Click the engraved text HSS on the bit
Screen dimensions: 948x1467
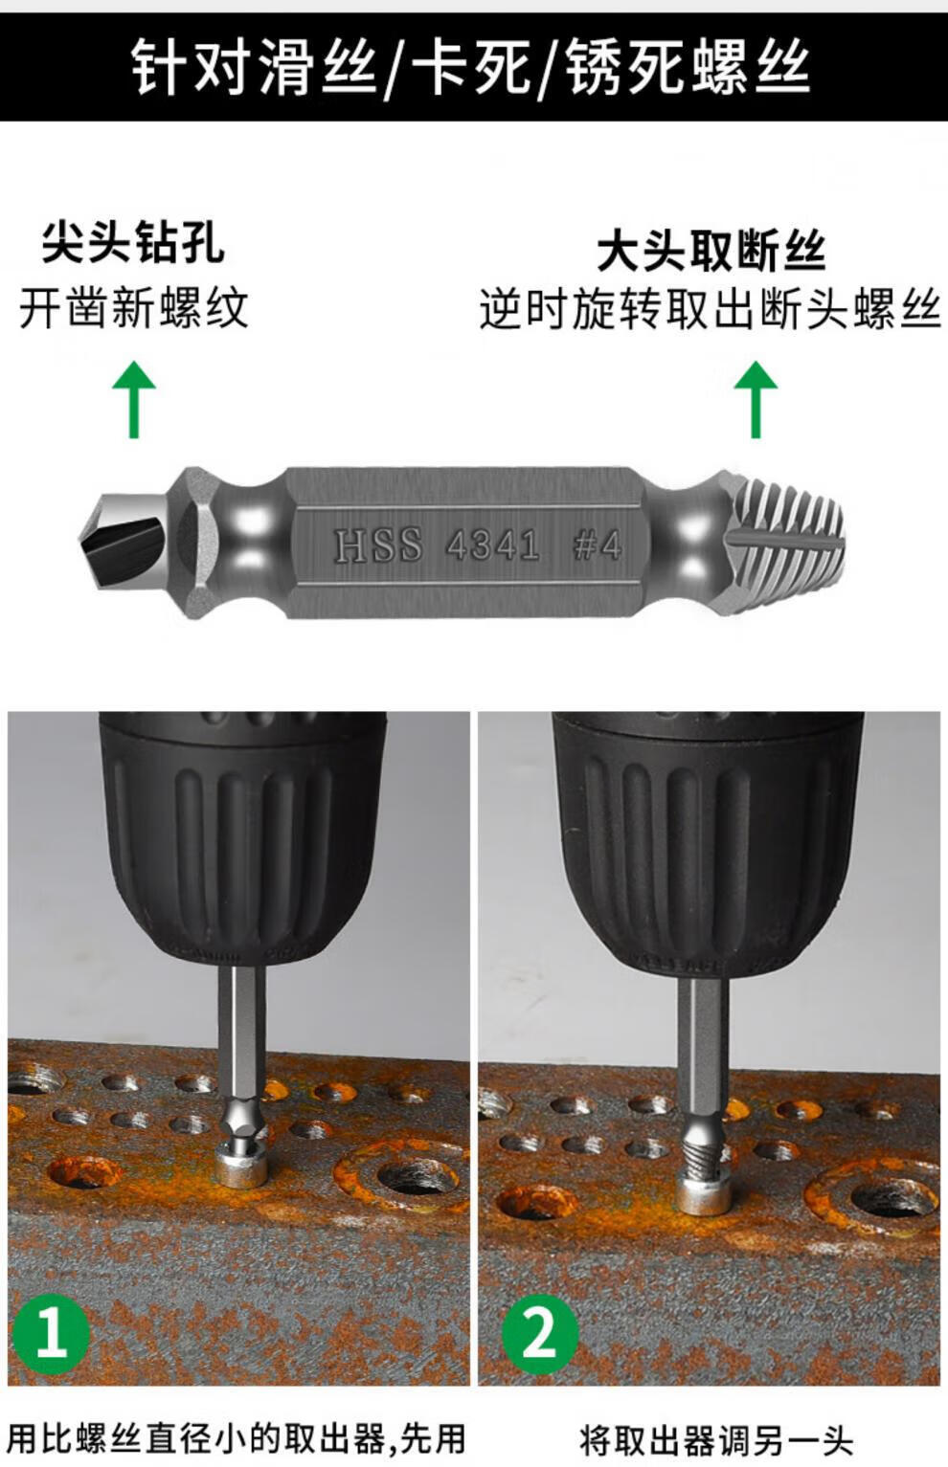coord(378,545)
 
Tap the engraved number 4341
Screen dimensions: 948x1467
coord(492,545)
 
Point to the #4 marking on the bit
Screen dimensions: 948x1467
coord(597,545)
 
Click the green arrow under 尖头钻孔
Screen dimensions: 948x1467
coord(134,399)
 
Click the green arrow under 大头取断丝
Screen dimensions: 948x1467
coord(756,399)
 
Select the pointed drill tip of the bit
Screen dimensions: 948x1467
coord(122,542)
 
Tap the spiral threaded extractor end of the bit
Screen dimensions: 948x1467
coord(786,542)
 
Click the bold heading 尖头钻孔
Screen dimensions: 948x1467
coord(134,244)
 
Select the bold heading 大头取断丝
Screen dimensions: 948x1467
coord(711,252)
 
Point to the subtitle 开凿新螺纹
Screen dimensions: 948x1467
coord(134,308)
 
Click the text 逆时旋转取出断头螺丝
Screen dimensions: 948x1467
coord(711,308)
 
